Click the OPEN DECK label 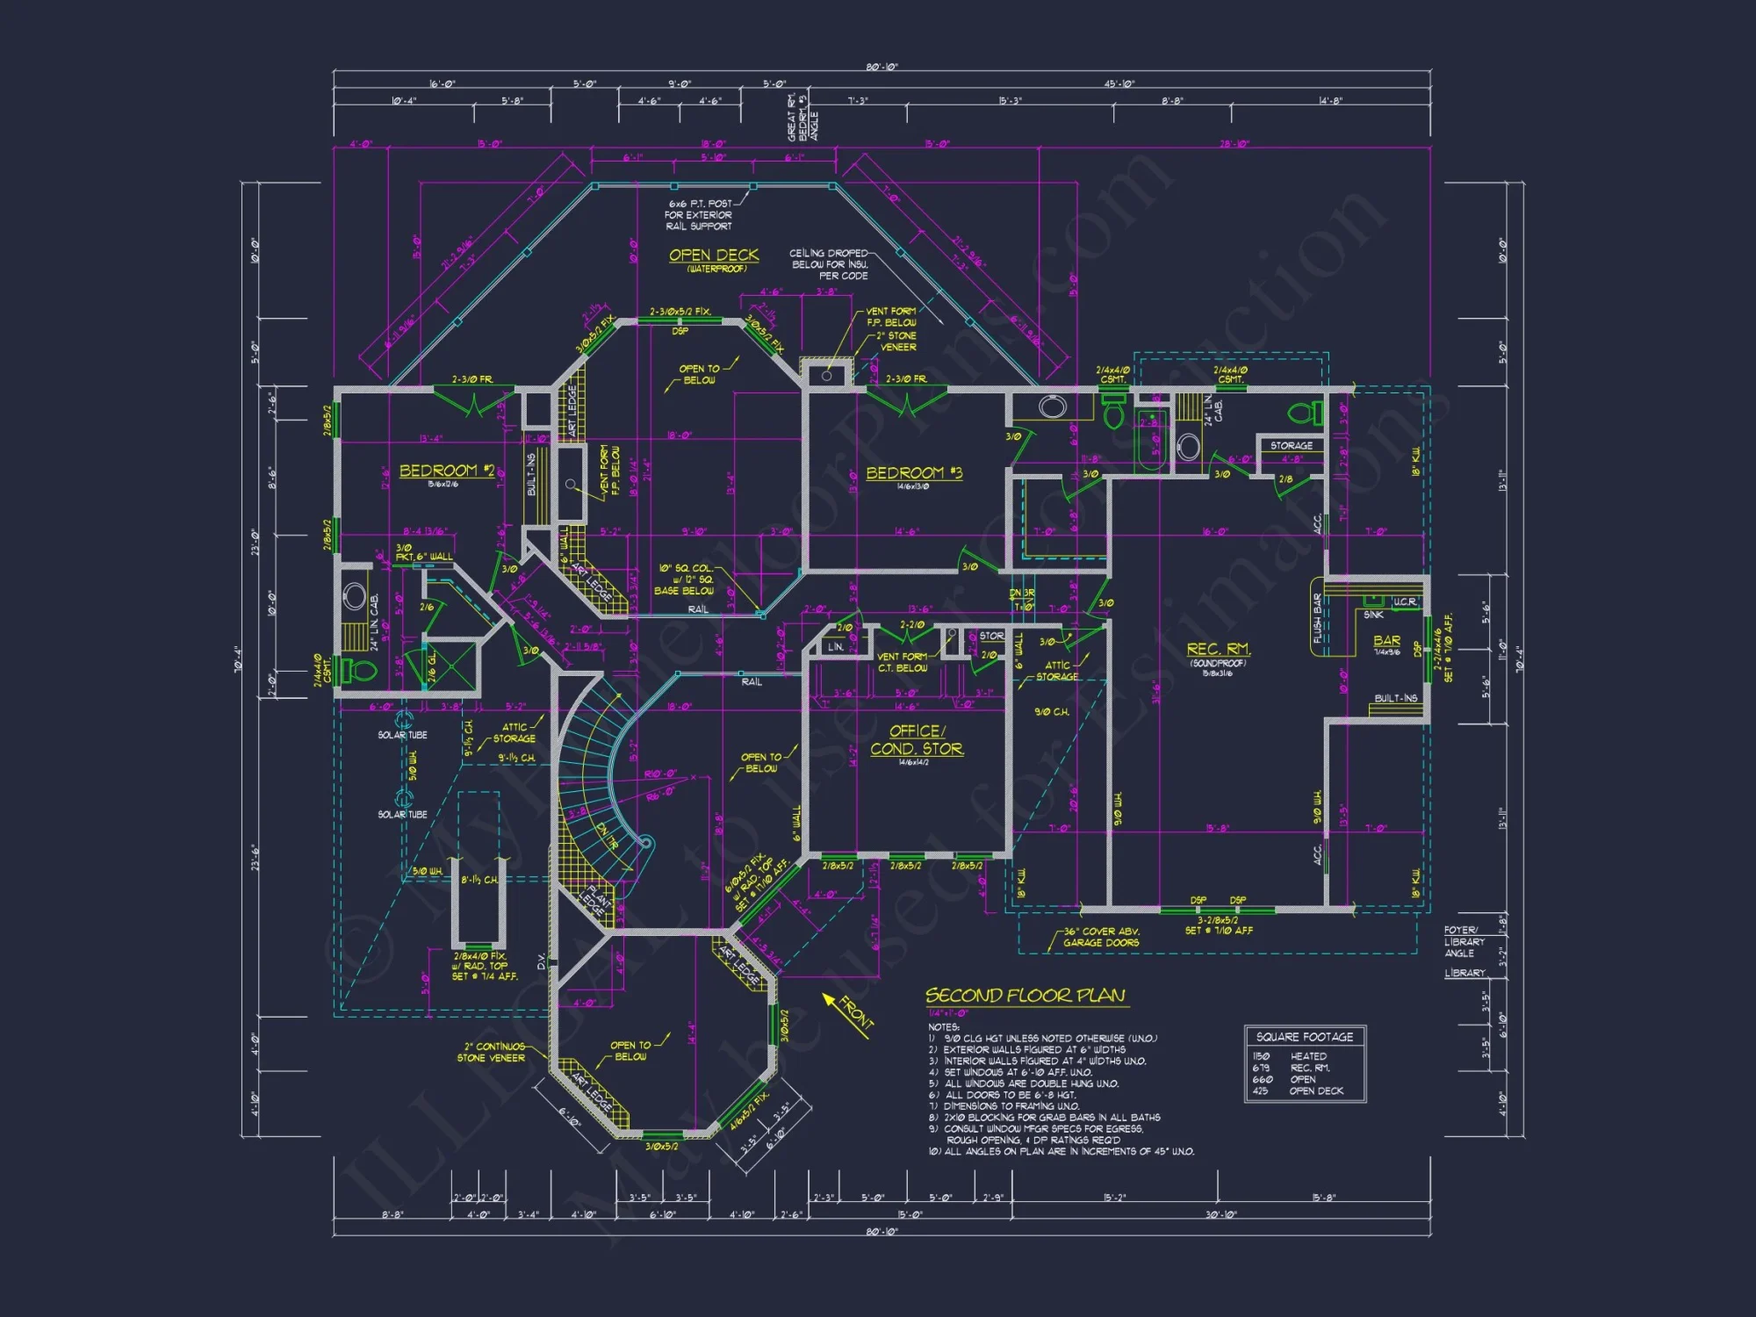[x=714, y=255]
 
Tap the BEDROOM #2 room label [x=447, y=471]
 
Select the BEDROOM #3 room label [x=914, y=473]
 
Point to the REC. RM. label [x=1219, y=649]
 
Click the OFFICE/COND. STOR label [x=917, y=740]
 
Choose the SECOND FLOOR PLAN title [x=1025, y=996]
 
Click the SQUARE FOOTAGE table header [x=1305, y=1037]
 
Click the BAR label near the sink [x=1387, y=641]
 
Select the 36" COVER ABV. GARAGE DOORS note [x=1101, y=937]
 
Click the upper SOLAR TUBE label [x=402, y=735]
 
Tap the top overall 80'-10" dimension [x=882, y=68]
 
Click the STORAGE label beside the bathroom [x=1292, y=446]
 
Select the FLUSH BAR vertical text [x=1317, y=617]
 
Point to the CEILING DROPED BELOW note [x=829, y=264]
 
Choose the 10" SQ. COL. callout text [x=686, y=579]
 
